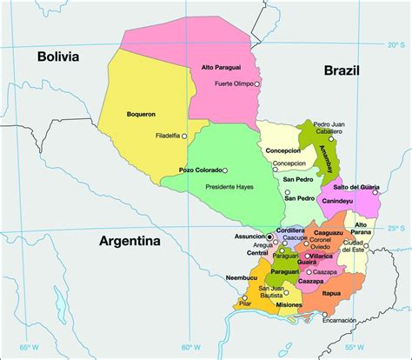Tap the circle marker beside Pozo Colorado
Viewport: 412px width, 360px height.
[225, 170]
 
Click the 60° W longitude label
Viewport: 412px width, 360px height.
[187, 348]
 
